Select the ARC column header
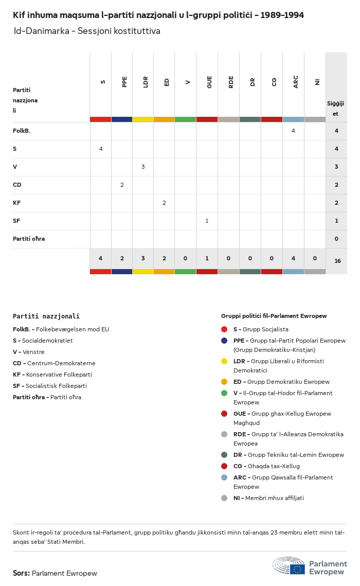pyautogui.click(x=296, y=82)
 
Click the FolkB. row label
pyautogui.click(x=22, y=131)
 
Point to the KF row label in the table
pyautogui.click(x=16, y=203)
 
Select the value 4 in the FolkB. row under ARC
pyautogui.click(x=293, y=131)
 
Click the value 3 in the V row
pyautogui.click(x=143, y=167)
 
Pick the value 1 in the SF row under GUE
pyautogui.click(x=207, y=221)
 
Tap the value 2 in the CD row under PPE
pyautogui.click(x=122, y=185)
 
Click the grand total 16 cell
pyautogui.click(x=337, y=261)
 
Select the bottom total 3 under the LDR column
pyautogui.click(x=143, y=258)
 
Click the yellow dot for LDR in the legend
pyautogui.click(x=224, y=361)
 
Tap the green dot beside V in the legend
pyautogui.click(x=224, y=393)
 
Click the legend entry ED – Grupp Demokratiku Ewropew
pyautogui.click(x=281, y=382)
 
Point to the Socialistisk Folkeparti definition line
pyautogui.click(x=50, y=386)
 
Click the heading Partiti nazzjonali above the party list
pyautogui.click(x=46, y=316)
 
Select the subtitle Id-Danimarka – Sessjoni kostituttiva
pyautogui.click(x=87, y=31)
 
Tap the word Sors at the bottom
pyautogui.click(x=21, y=573)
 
